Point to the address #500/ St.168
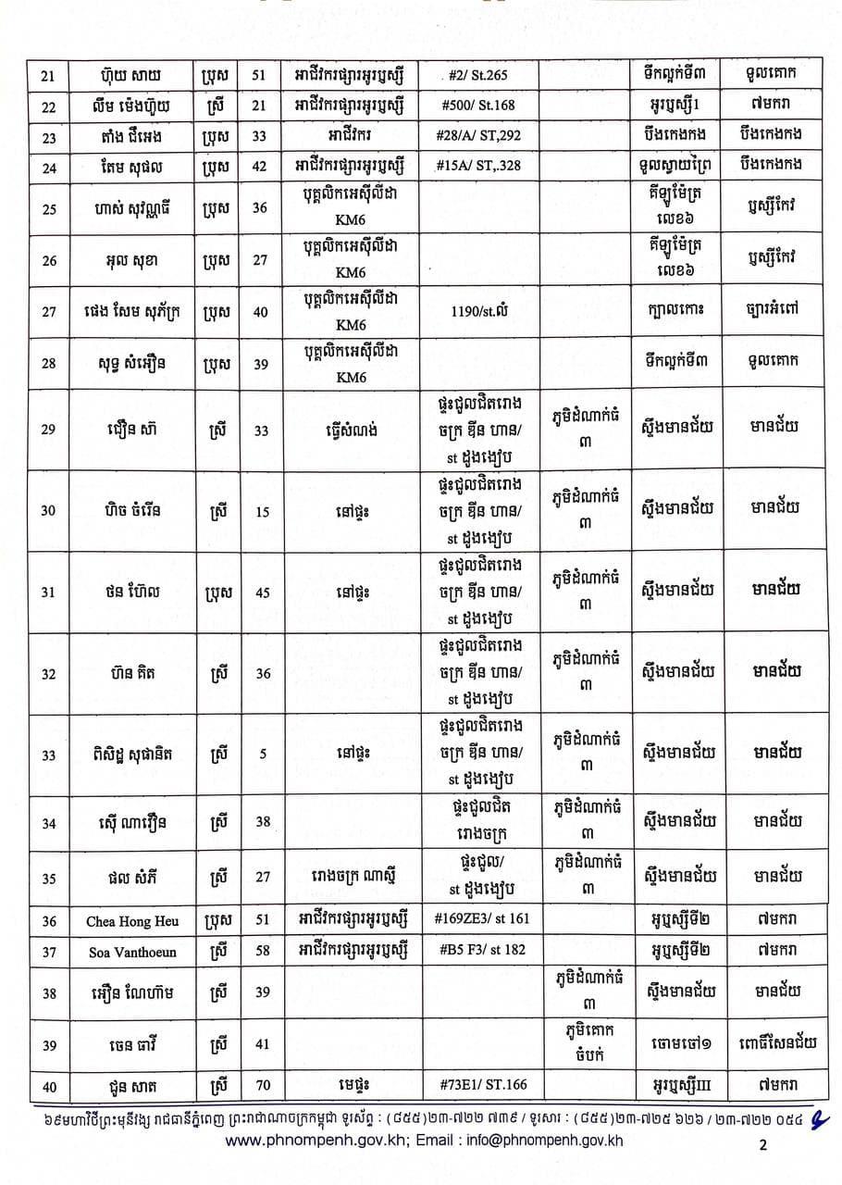coord(475,106)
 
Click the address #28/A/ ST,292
coord(475,136)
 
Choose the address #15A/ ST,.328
coord(475,167)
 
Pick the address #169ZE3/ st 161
coord(475,921)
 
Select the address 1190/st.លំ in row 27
coord(475,311)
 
